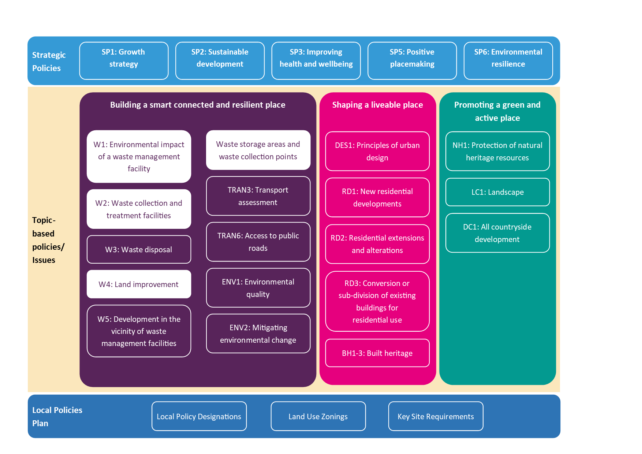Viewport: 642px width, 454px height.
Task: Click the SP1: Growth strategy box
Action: pos(124,61)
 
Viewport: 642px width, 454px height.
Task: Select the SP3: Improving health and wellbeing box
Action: pos(316,61)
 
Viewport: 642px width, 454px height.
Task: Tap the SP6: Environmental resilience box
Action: pos(508,61)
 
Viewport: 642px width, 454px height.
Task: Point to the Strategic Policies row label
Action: pos(49,62)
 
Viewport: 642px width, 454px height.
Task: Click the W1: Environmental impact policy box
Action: pos(139,156)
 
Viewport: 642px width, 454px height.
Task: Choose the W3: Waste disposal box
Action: pos(139,249)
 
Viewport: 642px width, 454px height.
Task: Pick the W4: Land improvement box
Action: pos(139,284)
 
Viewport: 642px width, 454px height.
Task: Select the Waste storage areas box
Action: pos(258,150)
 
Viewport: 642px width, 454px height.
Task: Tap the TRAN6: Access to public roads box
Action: pos(258,242)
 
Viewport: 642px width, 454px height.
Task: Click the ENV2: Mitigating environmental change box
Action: pos(258,334)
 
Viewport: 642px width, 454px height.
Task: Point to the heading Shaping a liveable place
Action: pos(377,105)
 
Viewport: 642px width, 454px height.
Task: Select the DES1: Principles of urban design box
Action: pos(377,151)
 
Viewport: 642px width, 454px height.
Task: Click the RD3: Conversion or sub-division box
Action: pos(377,301)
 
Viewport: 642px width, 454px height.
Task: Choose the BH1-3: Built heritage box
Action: pos(377,353)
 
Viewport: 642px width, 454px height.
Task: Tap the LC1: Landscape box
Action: pos(497,192)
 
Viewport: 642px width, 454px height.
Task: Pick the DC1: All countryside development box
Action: pos(497,233)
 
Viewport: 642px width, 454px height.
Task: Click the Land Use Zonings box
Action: pos(318,416)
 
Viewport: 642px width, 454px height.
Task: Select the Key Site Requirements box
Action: pos(436,416)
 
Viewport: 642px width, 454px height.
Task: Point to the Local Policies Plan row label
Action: pos(57,417)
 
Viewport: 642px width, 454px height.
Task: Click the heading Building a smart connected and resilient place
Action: pos(198,105)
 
